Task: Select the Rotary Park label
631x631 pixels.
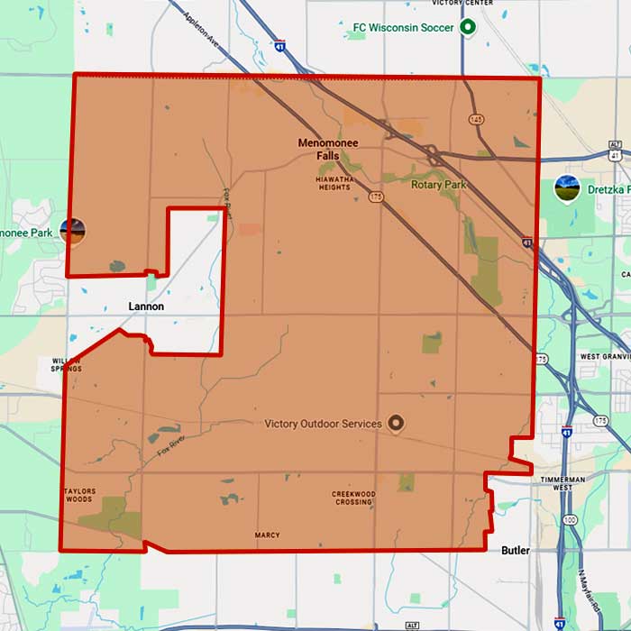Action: [x=439, y=185]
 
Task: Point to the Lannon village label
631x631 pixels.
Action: [x=145, y=306]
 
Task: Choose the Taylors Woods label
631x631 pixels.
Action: [x=78, y=495]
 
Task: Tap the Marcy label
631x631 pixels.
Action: [x=267, y=535]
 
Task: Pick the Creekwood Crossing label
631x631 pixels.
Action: [x=353, y=498]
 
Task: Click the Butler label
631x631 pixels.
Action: [x=517, y=549]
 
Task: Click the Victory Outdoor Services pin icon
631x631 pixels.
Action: [x=395, y=423]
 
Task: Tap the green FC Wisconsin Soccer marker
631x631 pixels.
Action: [x=467, y=27]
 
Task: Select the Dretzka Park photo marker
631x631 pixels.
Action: [x=567, y=189]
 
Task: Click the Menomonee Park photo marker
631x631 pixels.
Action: [x=73, y=231]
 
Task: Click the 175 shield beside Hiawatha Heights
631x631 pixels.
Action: [x=375, y=196]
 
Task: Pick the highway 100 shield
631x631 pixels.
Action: [x=569, y=520]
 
